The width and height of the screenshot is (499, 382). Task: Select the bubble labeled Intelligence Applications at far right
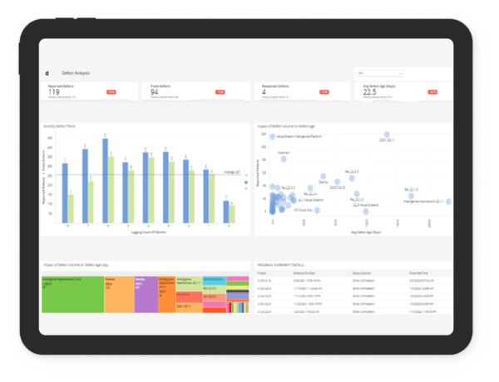447,201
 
